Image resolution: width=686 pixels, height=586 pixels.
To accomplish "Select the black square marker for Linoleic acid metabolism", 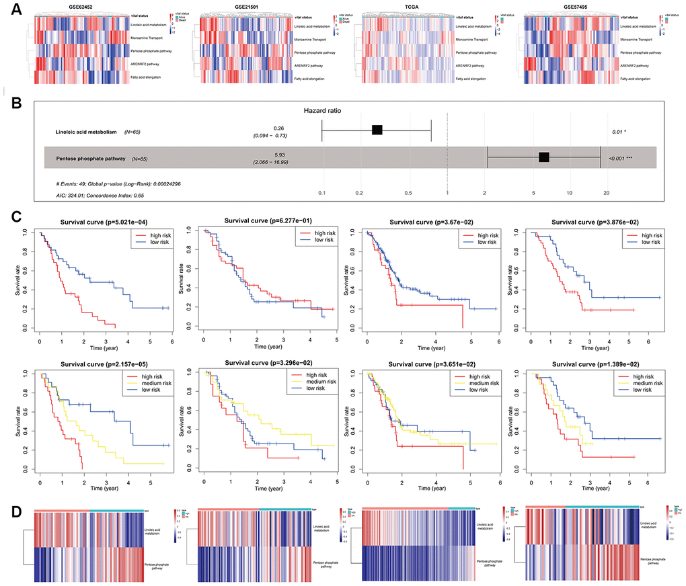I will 377,130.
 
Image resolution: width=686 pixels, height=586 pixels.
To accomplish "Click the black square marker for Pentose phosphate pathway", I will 544,157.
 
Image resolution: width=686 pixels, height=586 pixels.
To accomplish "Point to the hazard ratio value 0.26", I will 275,127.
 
